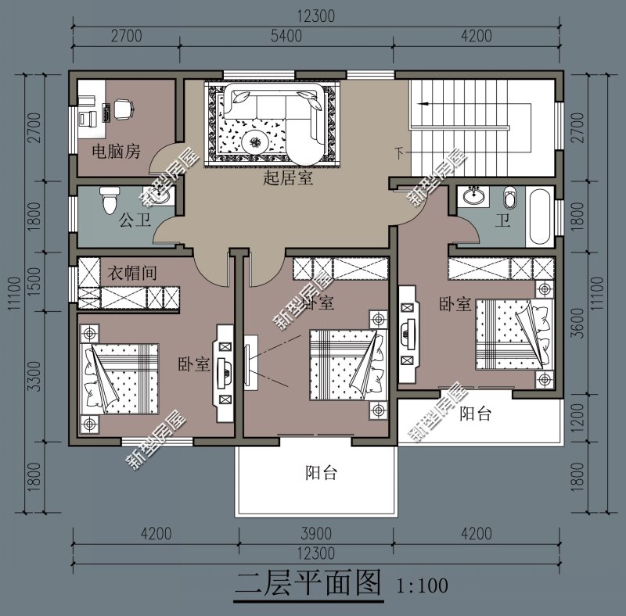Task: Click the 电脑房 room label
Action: click(x=117, y=151)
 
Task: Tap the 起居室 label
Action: click(x=288, y=178)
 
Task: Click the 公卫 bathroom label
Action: click(x=134, y=220)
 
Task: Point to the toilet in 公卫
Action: click(x=109, y=201)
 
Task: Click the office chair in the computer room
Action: click(x=122, y=109)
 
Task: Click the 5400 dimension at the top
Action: click(x=286, y=35)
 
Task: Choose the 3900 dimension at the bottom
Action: click(x=316, y=535)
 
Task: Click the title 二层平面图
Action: click(x=308, y=583)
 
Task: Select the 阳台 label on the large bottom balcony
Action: click(x=321, y=473)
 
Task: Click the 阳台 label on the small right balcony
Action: click(x=475, y=414)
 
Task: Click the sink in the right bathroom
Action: click(x=473, y=195)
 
